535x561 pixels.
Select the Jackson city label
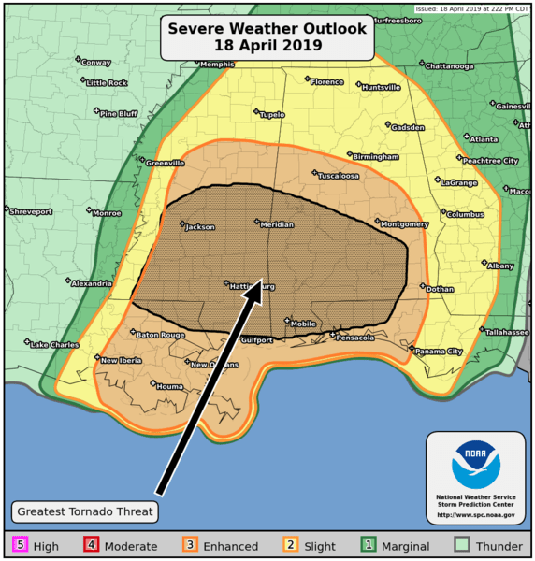point(199,226)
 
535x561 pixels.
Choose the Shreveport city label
point(30,212)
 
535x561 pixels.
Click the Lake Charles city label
point(53,345)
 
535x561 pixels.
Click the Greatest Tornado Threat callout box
point(84,511)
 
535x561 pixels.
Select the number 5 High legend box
point(18,545)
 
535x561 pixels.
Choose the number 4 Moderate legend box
point(91,545)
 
